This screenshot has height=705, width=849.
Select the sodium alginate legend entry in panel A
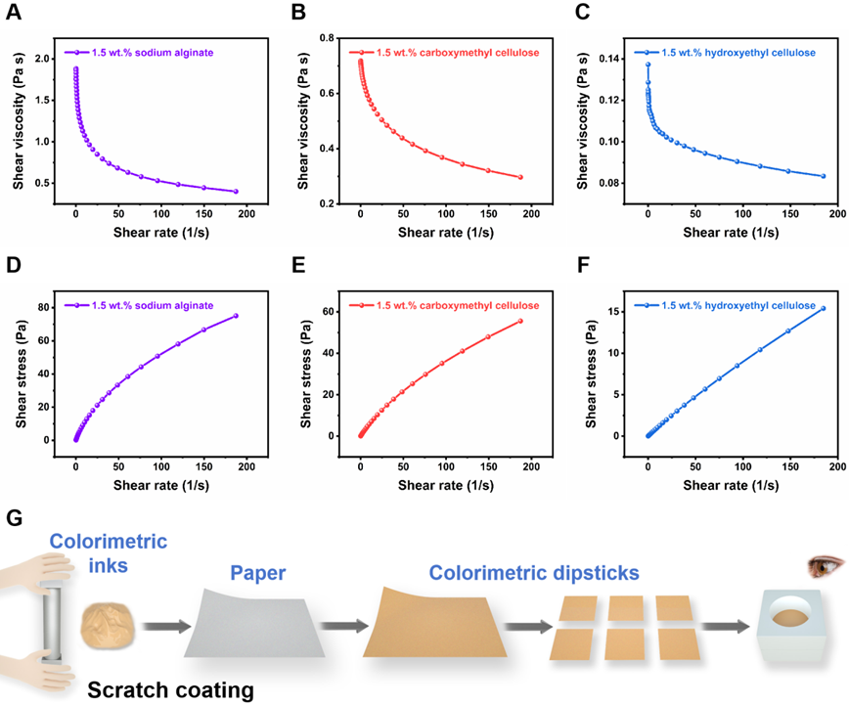(x=152, y=52)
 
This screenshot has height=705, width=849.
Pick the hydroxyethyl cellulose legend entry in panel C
(x=738, y=52)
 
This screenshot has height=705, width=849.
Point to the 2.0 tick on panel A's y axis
(x=45, y=59)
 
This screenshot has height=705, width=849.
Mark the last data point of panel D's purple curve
(x=236, y=315)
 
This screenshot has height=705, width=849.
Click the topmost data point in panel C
(x=648, y=65)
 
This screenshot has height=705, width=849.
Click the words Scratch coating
(x=171, y=689)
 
